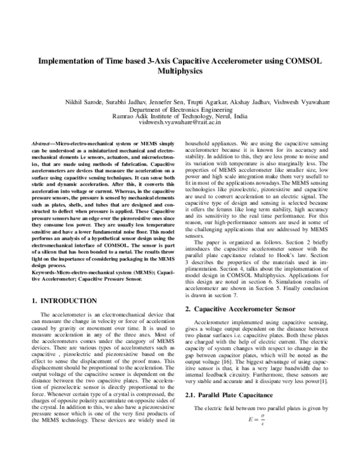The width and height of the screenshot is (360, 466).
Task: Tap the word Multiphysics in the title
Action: point(179,70)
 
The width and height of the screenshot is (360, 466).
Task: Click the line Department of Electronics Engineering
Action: point(179,110)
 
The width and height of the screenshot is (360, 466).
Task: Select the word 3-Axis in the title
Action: point(155,61)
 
